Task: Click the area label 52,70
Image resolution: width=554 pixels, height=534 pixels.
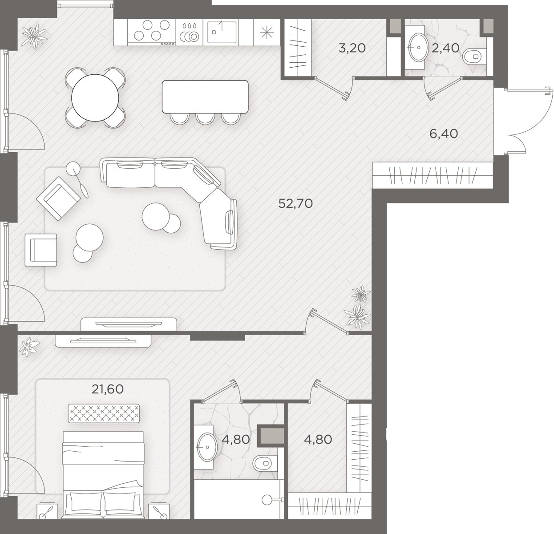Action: click(x=295, y=203)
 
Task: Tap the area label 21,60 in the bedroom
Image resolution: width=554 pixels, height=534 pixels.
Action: click(x=108, y=389)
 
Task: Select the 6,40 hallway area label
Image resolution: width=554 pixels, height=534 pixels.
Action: click(x=444, y=133)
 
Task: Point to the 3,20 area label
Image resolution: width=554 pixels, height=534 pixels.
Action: click(x=352, y=48)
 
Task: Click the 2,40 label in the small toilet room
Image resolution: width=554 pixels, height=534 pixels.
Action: click(x=445, y=48)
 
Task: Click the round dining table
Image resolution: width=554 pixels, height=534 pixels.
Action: click(x=95, y=98)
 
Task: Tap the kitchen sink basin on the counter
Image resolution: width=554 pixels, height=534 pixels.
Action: click(x=222, y=32)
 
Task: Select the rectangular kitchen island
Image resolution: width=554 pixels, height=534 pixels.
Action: click(x=205, y=97)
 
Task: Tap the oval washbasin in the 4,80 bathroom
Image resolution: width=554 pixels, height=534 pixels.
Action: click(x=206, y=447)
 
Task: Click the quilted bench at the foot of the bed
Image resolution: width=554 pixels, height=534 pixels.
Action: click(x=104, y=413)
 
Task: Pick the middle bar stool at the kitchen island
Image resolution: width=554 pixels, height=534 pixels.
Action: click(x=205, y=118)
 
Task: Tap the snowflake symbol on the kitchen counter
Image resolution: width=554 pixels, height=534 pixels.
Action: click(x=267, y=32)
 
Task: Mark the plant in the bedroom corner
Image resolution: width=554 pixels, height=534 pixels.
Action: click(x=29, y=347)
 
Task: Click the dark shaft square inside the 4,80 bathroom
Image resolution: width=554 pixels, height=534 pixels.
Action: click(x=271, y=436)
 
